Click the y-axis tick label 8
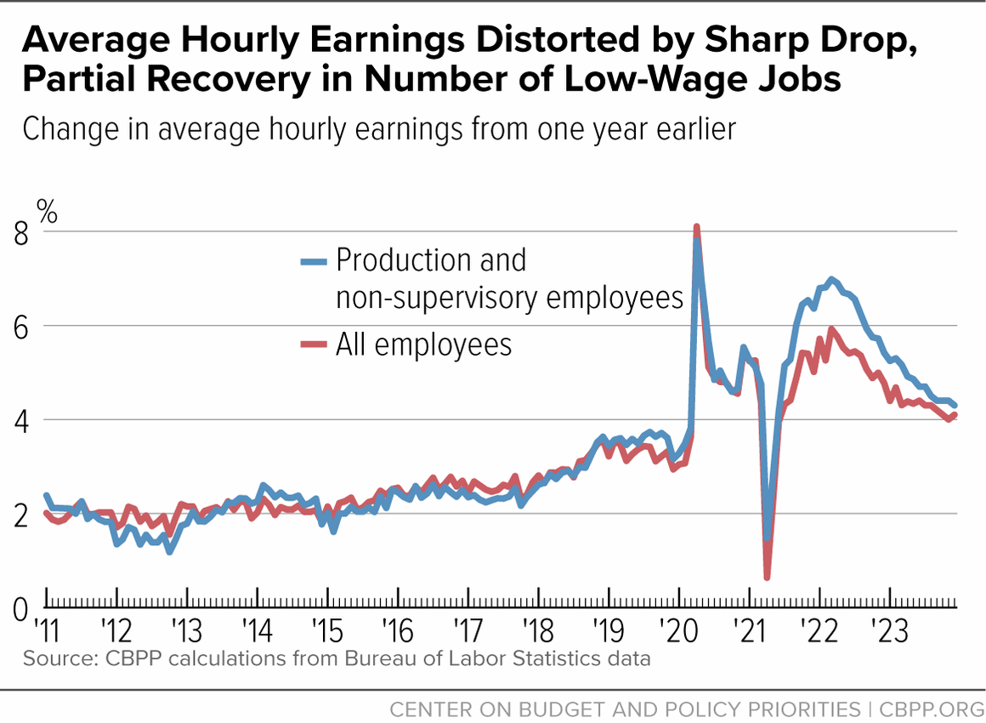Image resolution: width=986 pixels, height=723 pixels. click(x=20, y=234)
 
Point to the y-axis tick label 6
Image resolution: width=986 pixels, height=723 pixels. click(x=20, y=327)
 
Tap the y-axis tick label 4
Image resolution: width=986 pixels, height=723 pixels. click(x=20, y=422)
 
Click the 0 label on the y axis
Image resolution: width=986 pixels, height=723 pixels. click(x=20, y=610)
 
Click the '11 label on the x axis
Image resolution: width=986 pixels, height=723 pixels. click(x=47, y=630)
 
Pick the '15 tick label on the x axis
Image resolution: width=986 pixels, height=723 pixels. click(x=327, y=630)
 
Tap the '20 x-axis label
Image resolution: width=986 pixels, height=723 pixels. click(x=678, y=630)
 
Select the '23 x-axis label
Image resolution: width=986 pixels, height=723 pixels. click(x=889, y=630)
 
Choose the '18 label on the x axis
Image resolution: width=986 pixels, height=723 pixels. click(x=538, y=630)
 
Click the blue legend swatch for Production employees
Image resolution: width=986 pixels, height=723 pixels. click(x=314, y=261)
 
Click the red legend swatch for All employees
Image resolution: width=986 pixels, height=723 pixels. click(x=314, y=344)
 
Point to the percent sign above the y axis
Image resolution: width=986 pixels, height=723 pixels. click(x=47, y=212)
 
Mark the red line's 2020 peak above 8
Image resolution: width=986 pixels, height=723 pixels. click(x=696, y=227)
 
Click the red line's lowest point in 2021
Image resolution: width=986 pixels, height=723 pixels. click(x=768, y=576)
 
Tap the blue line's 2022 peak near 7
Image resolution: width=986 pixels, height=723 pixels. click(x=831, y=279)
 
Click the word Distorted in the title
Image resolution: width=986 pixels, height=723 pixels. click(x=557, y=39)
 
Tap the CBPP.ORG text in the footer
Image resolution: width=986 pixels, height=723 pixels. click(x=932, y=709)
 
